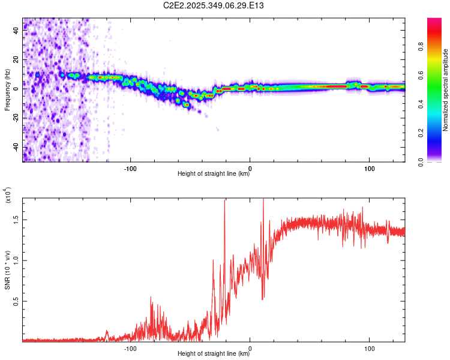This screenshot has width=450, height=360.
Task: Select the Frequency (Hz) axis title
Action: [x=7, y=90]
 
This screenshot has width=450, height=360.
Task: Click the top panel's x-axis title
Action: [x=214, y=174]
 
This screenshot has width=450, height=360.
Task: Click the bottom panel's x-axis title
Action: [x=214, y=353]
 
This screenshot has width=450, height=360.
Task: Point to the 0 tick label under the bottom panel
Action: [x=250, y=347]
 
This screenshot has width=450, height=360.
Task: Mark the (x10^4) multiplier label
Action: [x=8, y=197]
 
